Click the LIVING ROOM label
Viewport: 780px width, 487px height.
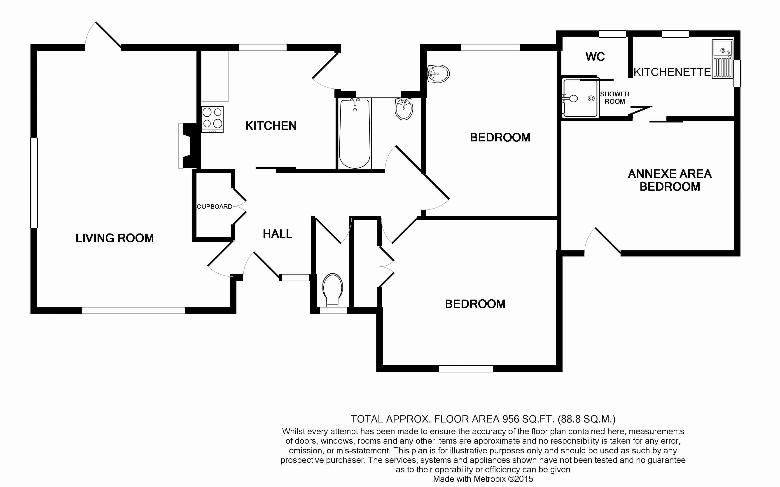(114, 238)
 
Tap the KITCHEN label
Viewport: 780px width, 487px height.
(271, 126)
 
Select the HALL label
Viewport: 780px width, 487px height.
(277, 233)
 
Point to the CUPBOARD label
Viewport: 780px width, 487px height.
(215, 206)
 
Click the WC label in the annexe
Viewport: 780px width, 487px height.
(595, 57)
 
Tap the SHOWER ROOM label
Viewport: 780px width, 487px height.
(615, 98)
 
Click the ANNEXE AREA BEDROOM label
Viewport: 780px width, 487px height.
(670, 180)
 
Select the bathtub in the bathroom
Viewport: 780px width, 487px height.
(355, 134)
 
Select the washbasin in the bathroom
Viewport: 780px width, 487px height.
(404, 109)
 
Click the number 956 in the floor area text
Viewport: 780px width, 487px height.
(511, 419)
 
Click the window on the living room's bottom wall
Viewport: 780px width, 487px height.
(133, 311)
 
